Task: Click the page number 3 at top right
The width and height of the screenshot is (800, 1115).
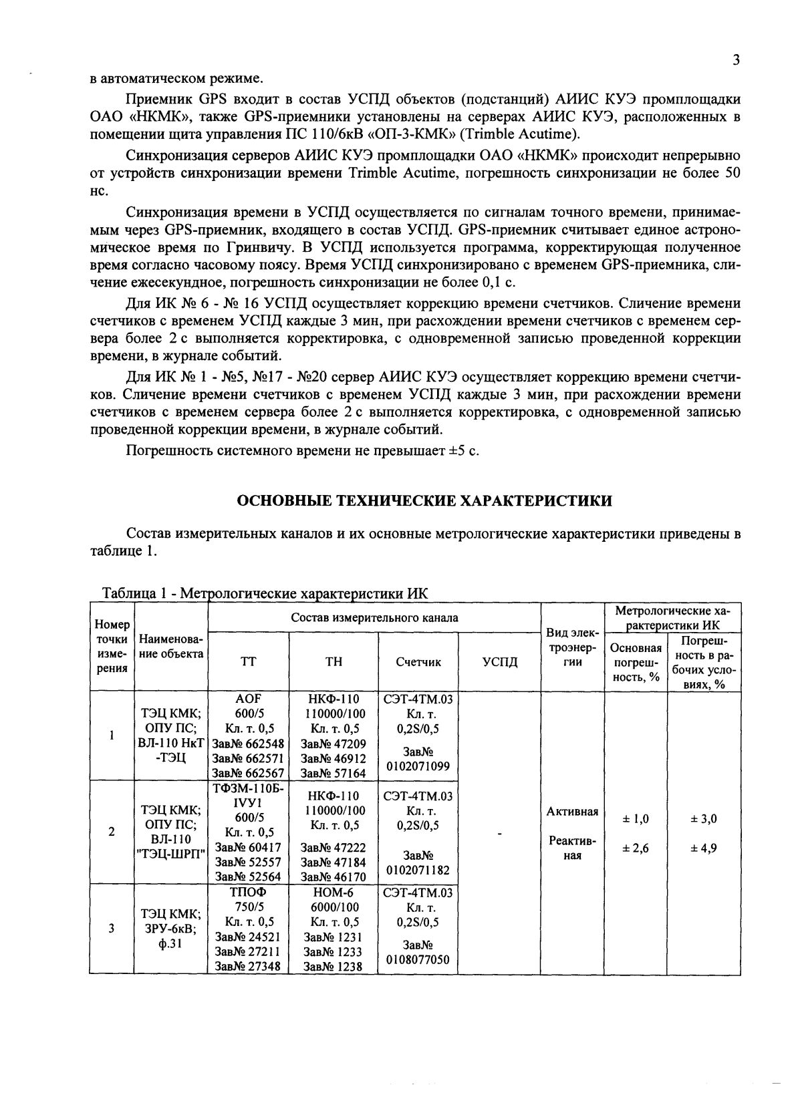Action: pyautogui.click(x=735, y=60)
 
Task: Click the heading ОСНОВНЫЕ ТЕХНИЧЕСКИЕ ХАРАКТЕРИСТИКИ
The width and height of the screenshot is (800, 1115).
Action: pyautogui.click(x=425, y=500)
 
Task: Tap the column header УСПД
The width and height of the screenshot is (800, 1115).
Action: pyautogui.click(x=500, y=662)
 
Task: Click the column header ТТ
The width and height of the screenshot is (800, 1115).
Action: pyautogui.click(x=248, y=662)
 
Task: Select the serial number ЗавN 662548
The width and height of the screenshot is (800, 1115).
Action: pyautogui.click(x=248, y=744)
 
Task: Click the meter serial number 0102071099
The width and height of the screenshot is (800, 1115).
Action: pyautogui.click(x=418, y=766)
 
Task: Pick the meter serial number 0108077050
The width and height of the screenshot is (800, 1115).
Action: pyautogui.click(x=418, y=960)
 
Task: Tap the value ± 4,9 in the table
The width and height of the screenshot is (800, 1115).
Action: pyautogui.click(x=704, y=848)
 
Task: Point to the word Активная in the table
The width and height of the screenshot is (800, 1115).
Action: pyautogui.click(x=572, y=812)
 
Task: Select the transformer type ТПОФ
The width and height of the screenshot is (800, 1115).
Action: pyautogui.click(x=248, y=893)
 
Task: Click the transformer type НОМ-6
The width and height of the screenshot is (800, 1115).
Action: pyautogui.click(x=334, y=893)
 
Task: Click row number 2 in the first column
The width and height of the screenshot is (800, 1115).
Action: pyautogui.click(x=112, y=832)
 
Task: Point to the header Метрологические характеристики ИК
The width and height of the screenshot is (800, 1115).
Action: pyautogui.click(x=672, y=618)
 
